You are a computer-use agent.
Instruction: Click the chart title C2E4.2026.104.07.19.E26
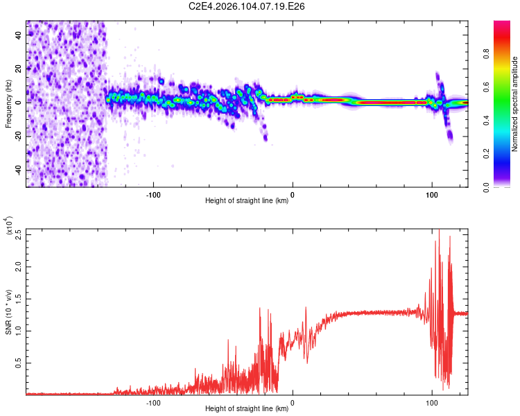pyautogui.click(x=248, y=7)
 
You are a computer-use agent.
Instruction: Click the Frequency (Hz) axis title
pyautogui.click(x=8, y=103)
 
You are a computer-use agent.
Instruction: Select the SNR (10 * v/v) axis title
pyautogui.click(x=8, y=312)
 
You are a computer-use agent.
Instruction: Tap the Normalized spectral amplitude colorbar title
pyautogui.click(x=515, y=104)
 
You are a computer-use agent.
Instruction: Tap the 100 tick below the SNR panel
pyautogui.click(x=432, y=402)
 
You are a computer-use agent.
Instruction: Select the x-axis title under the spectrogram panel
pyautogui.click(x=247, y=201)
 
